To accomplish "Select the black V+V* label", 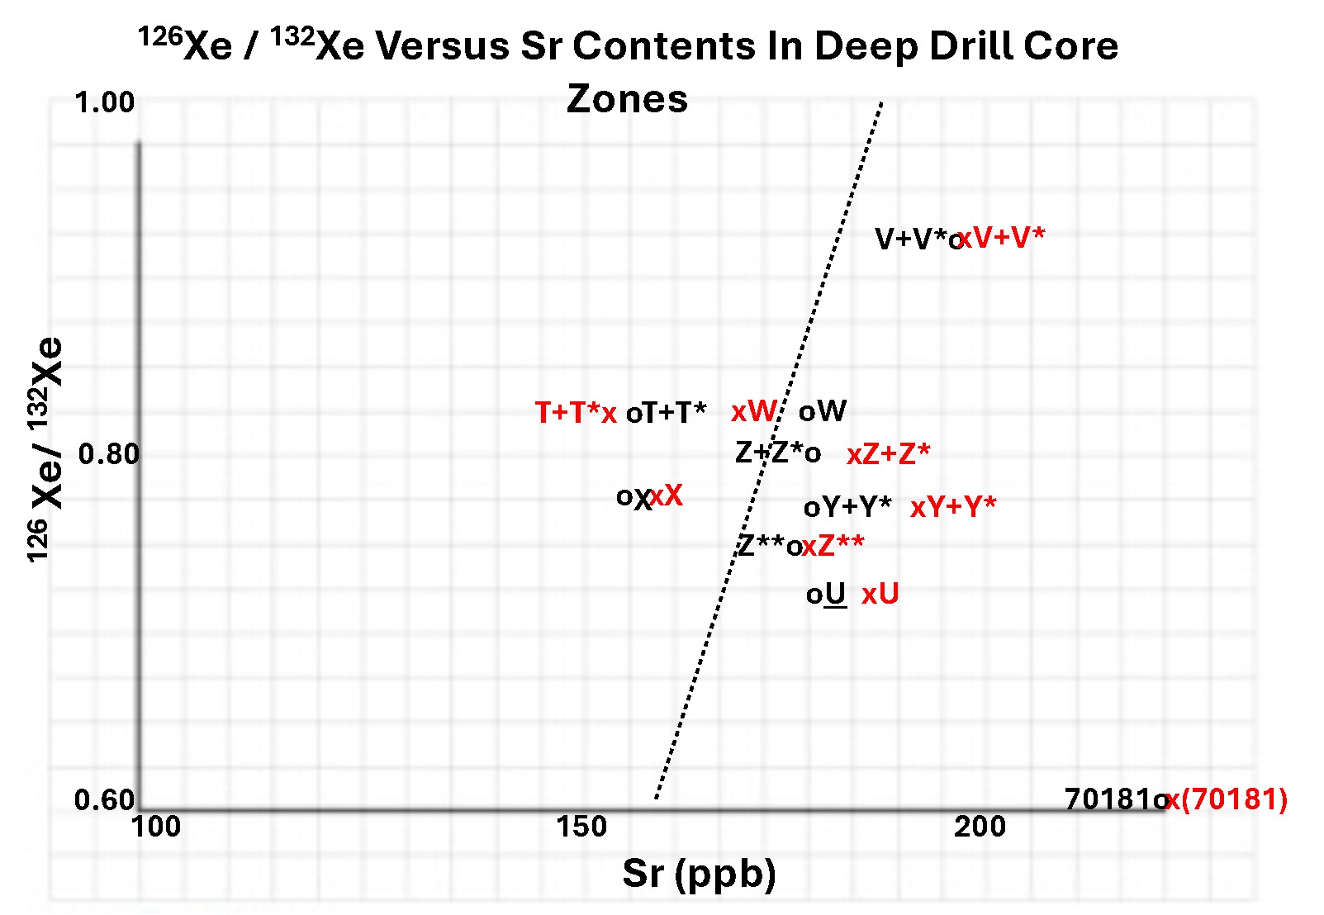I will tap(911, 239).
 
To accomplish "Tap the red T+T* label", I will tap(567, 412).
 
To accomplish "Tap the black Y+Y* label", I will tap(856, 506).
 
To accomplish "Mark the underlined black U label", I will tap(835, 594).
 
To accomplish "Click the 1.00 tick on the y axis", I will tap(104, 102).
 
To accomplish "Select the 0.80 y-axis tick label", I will tap(108, 453).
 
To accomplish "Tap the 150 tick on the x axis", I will tap(581, 826).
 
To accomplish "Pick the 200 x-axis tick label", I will tap(980, 826).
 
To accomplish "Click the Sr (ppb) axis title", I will tap(699, 873).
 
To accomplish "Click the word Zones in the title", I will tap(627, 99).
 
